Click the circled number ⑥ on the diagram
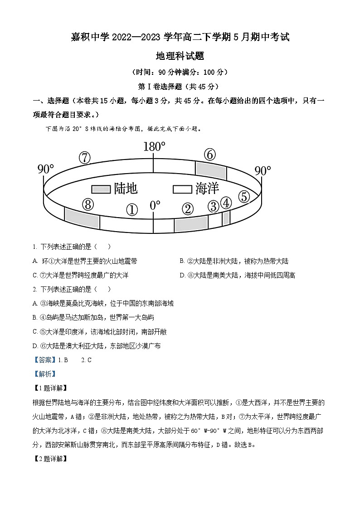209,155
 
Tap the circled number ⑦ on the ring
85,158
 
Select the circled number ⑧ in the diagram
88,205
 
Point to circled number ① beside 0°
131,209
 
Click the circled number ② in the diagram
188,209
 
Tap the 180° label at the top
154,146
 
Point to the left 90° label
45,169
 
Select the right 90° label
263,171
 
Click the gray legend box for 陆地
101,189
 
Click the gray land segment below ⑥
211,170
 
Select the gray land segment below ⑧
82,218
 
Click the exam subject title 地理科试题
180,56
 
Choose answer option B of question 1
234,261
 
